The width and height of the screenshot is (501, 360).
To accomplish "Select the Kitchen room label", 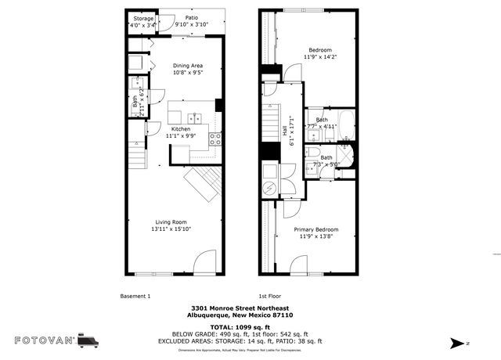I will tap(181, 128).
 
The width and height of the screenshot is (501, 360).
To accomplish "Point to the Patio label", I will tap(191, 16).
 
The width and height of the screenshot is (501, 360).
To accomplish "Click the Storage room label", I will tap(143, 18).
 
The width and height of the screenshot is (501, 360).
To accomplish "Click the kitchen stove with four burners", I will tap(215, 139).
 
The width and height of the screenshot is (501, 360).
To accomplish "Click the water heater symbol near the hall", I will tap(269, 188).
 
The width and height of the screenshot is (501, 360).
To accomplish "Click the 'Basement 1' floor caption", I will tap(135, 296).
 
